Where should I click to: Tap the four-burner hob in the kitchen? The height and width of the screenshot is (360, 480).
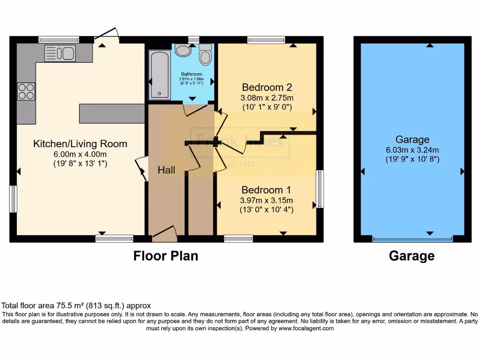pyautogui.click(x=26, y=91)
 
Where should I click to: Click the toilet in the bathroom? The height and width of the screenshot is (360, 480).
pyautogui.click(x=205, y=55)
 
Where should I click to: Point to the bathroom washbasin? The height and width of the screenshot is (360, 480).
pyautogui.click(x=183, y=50)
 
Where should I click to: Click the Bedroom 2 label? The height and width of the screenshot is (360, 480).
pyautogui.click(x=267, y=87)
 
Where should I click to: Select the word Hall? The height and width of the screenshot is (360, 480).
pyautogui.click(x=166, y=170)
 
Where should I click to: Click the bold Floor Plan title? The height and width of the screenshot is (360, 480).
pyautogui.click(x=166, y=256)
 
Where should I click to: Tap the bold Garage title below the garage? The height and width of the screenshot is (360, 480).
pyautogui.click(x=412, y=256)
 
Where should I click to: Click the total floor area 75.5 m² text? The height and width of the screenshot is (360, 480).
pyautogui.click(x=76, y=306)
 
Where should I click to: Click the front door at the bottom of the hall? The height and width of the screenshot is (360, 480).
pyautogui.click(x=164, y=233)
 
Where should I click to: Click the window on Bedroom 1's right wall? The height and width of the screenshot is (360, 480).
pyautogui.click(x=320, y=189)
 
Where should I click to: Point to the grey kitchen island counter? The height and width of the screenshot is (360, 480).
pyautogui.click(x=112, y=113)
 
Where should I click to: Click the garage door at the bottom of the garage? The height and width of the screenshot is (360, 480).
pyautogui.click(x=412, y=239)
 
